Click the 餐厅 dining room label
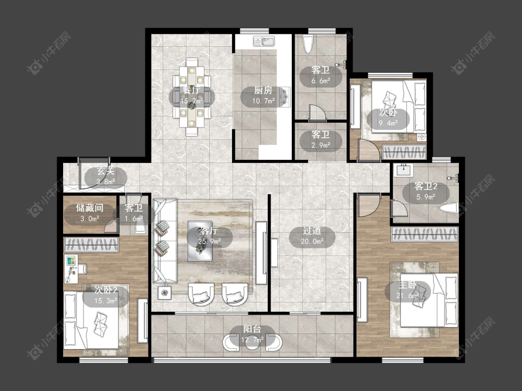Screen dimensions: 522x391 [192, 90]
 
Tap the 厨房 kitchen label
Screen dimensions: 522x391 [263, 90]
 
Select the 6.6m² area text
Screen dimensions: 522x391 [321, 81]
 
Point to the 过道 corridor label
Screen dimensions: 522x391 [312, 231]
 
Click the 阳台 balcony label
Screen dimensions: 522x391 [252, 329]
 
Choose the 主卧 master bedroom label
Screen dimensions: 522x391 [408, 285]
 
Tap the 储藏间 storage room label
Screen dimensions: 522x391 [90, 208]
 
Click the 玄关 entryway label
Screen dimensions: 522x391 [105, 171]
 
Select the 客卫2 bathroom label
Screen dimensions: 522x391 [426, 187]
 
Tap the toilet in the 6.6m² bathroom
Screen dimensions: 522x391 [308, 44]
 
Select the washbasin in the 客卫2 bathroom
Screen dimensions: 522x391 [405, 170]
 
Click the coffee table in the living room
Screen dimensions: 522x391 [200, 241]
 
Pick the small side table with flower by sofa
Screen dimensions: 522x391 [165, 293]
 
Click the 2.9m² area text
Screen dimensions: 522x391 [321, 145]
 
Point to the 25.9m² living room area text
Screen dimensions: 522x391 [209, 241]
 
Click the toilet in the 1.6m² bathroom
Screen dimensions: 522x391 [140, 227]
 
